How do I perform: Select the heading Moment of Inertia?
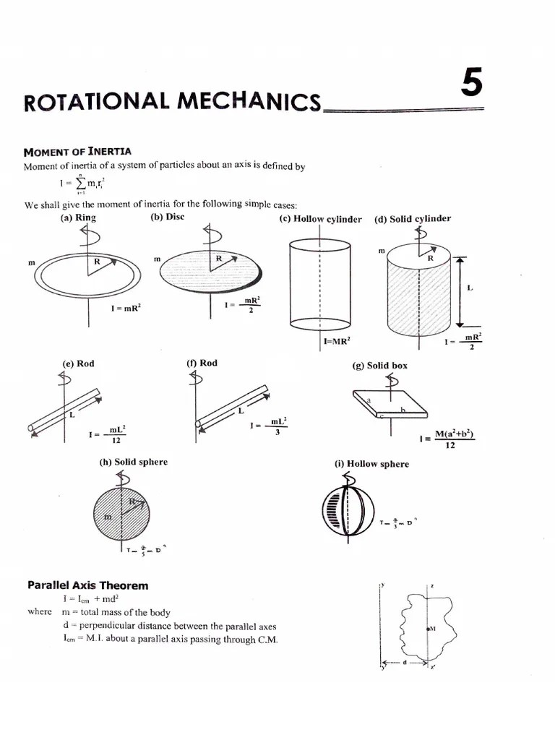coord(77,152)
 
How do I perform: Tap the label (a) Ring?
coord(78,218)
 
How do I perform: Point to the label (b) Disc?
coord(167,217)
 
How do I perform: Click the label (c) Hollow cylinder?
coord(320,219)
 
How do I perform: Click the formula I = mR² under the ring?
coord(126,308)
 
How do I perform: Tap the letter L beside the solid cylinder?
coord(470,288)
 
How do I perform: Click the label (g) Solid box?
coord(379,366)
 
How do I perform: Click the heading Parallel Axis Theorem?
coord(87,585)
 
